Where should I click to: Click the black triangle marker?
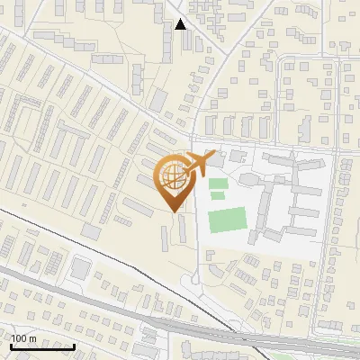point(181,24)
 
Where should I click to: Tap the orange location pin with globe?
point(175,181)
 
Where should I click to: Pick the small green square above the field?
point(218,184)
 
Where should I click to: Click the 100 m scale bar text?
point(23,338)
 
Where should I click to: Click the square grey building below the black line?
point(81,267)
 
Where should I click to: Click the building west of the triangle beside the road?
point(166,45)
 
